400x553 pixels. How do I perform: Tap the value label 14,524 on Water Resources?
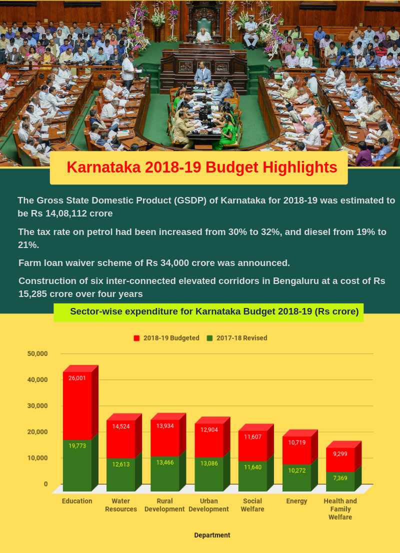tap(120, 426)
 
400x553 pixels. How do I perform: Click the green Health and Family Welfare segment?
tap(340, 481)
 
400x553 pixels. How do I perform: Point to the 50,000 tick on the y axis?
tap(37, 353)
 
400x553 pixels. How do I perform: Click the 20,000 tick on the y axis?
tap(37, 431)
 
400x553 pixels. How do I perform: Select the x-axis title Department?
tap(212, 535)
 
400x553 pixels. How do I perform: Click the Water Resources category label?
tap(120, 505)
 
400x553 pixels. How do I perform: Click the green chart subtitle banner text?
tap(214, 311)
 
